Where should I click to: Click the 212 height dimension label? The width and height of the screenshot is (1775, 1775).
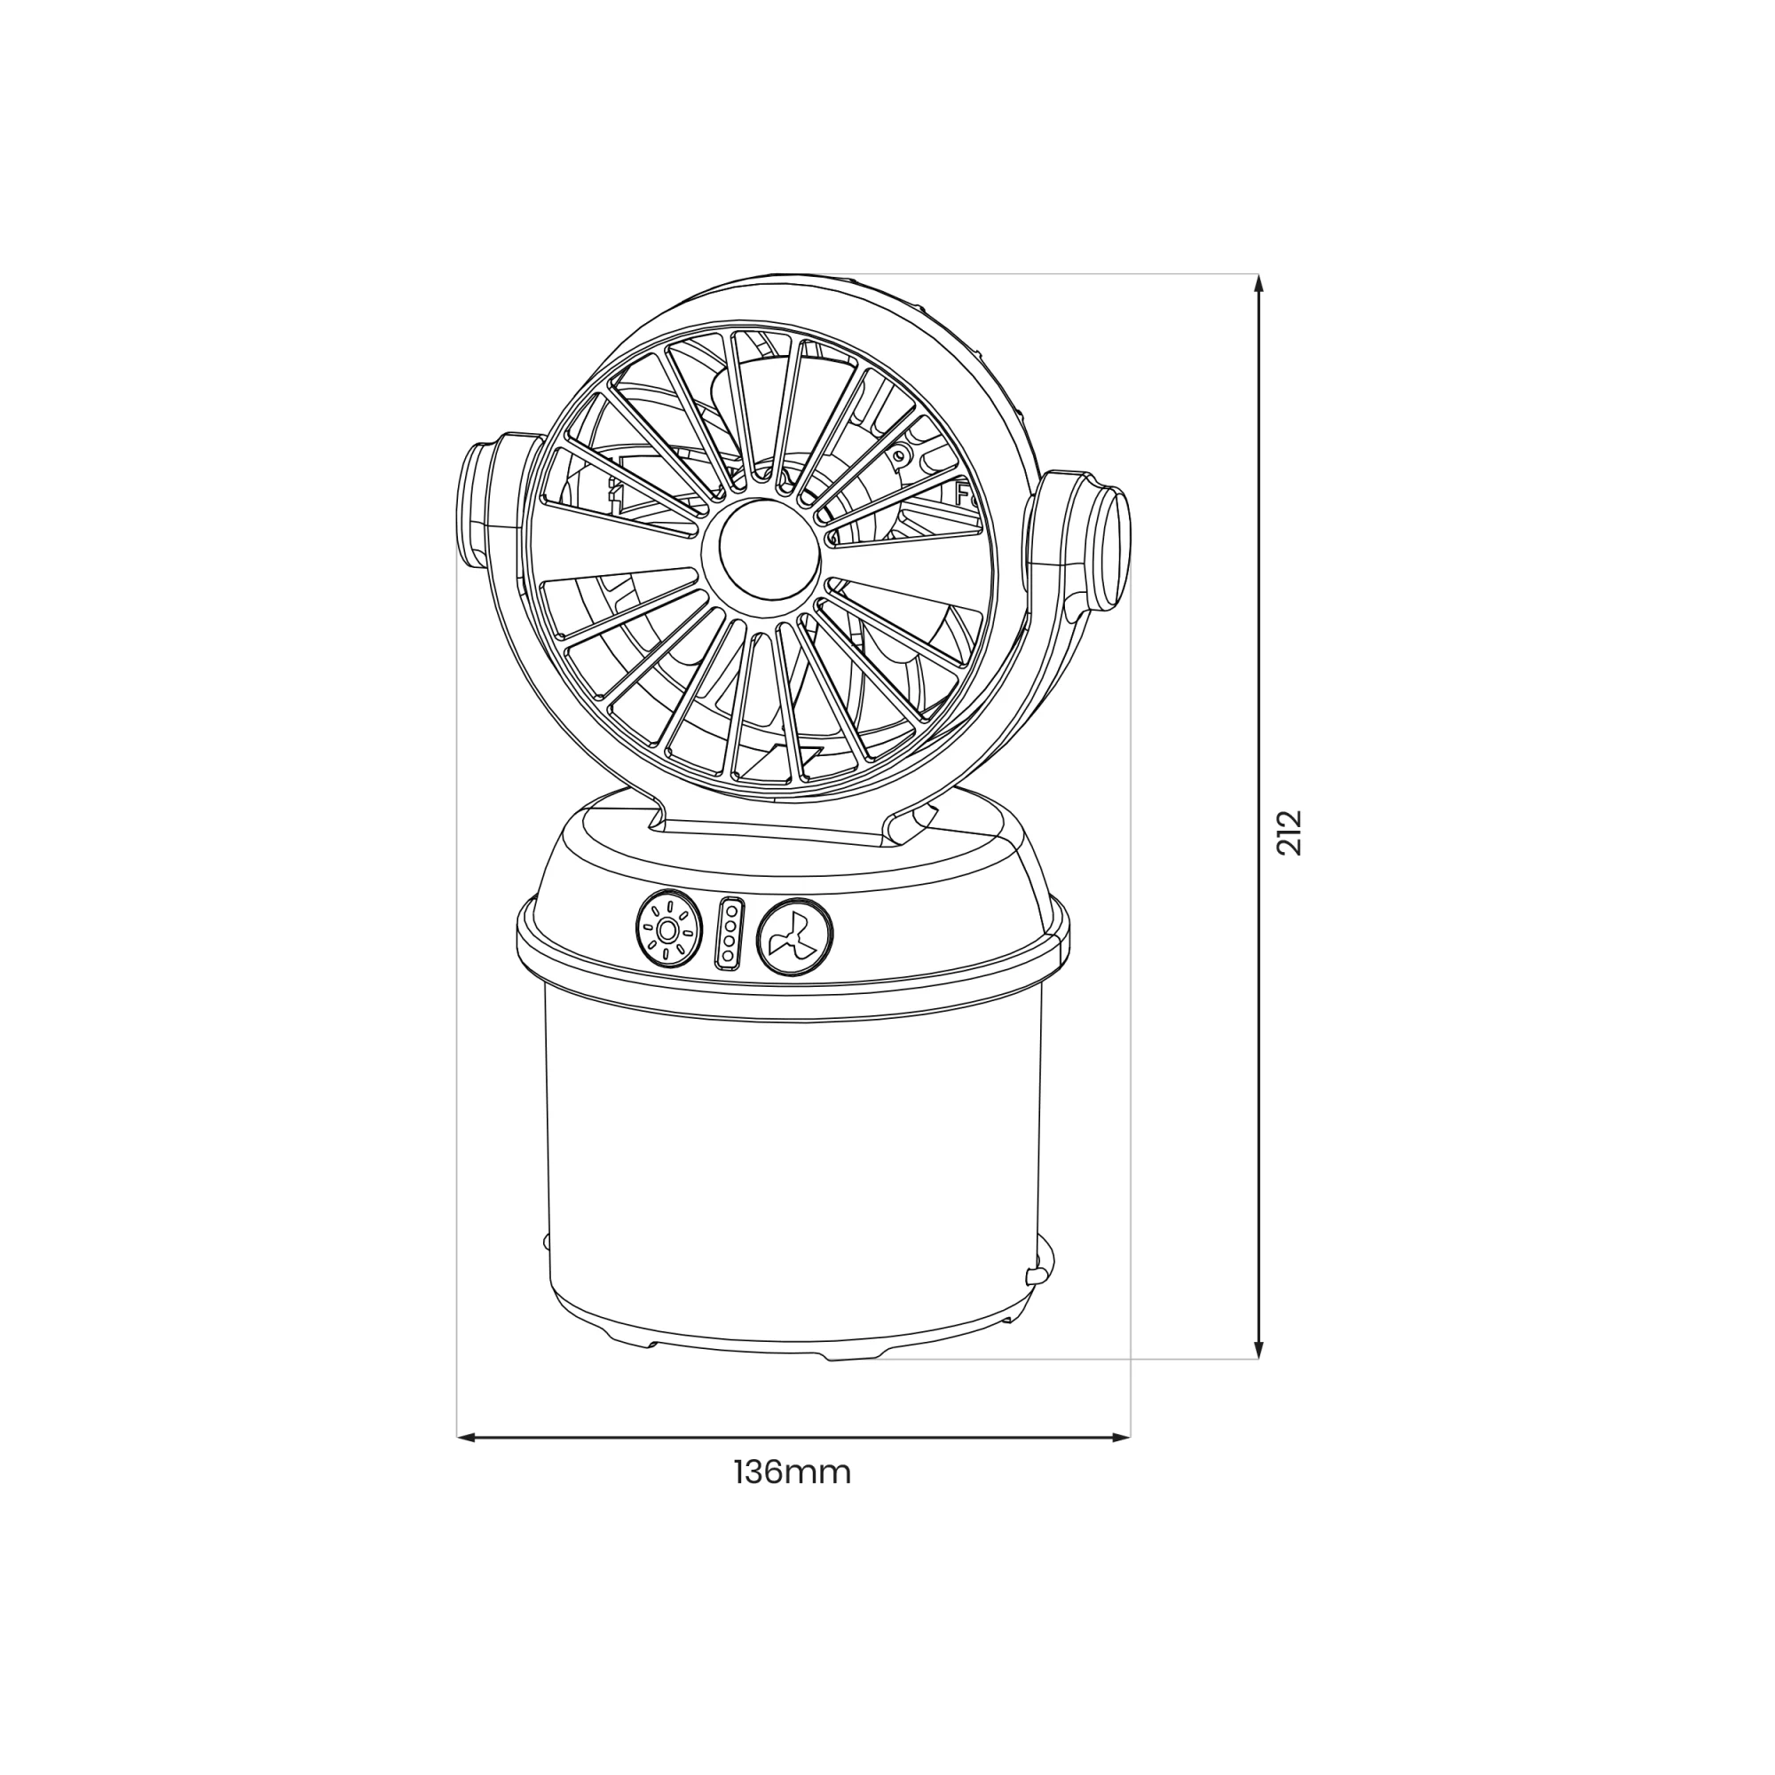point(1290,832)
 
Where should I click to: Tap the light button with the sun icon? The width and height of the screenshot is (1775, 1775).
point(668,930)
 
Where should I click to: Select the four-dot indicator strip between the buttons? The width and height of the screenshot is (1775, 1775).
point(730,933)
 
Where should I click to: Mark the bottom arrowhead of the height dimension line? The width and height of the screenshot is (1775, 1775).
point(1258,1349)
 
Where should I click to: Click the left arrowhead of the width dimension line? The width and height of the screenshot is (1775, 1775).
point(467,1437)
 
